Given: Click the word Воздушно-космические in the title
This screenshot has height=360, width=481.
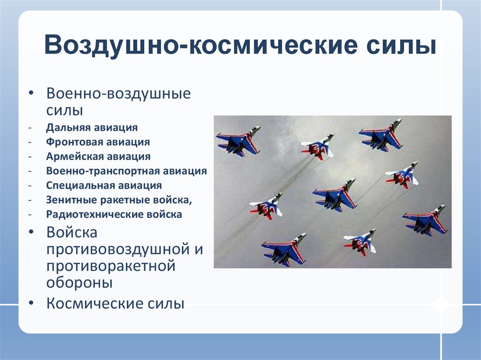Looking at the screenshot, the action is (x=201, y=46).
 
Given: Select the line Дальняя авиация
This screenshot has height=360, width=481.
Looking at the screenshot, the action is (x=92, y=128).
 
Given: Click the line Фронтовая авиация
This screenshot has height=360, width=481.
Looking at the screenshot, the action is (x=98, y=142).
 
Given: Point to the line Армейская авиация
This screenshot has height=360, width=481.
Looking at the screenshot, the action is (x=98, y=156).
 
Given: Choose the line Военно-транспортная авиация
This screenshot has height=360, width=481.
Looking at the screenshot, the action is (x=126, y=171).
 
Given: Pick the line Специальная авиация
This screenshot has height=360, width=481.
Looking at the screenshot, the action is (x=104, y=185).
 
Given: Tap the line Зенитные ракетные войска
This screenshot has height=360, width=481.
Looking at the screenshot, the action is (x=119, y=200).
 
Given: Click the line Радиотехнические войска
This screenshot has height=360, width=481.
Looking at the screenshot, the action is (x=114, y=214).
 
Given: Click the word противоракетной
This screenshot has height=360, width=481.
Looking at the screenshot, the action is (x=111, y=266).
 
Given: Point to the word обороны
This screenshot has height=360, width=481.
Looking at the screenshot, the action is (x=79, y=283).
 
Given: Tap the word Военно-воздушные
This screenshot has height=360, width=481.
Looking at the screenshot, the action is (x=118, y=93).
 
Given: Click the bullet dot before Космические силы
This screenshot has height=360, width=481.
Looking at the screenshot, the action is (x=31, y=303).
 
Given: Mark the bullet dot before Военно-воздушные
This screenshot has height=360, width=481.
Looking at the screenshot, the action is (x=31, y=93).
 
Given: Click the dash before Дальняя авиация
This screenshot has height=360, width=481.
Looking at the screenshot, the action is (x=30, y=128).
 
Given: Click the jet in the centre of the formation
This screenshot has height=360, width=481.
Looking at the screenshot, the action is (x=334, y=195).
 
